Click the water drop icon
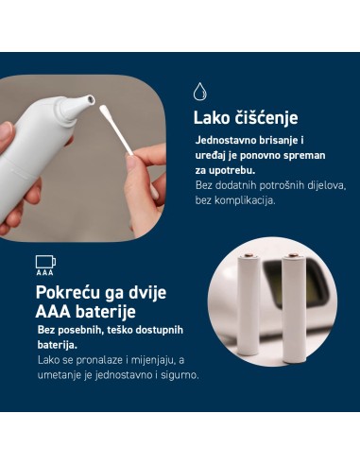click(199, 92)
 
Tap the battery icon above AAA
click(44, 260)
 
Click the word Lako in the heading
click(213, 118)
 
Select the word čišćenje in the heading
click(266, 118)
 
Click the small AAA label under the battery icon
click(44, 272)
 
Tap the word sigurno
click(179, 375)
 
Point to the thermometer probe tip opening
click(88, 99)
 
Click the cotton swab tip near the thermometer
click(106, 112)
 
